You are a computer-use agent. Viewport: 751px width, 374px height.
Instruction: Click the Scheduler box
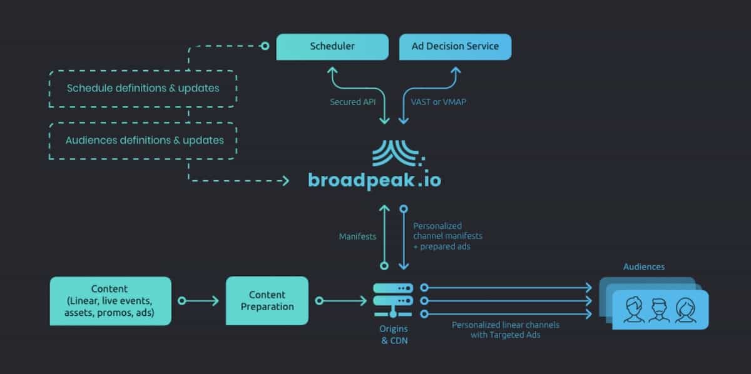click(332, 46)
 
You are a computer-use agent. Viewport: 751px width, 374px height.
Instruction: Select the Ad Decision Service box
click(455, 46)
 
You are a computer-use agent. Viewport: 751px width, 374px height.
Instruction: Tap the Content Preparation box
click(267, 301)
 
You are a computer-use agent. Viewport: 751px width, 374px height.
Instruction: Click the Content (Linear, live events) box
click(110, 301)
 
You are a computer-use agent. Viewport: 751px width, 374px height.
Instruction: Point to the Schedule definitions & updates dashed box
click(143, 88)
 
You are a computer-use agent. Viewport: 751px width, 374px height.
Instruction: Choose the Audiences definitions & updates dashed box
click(144, 140)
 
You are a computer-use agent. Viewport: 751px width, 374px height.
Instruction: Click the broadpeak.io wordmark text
click(374, 180)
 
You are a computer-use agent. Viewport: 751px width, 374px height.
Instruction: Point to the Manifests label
click(357, 237)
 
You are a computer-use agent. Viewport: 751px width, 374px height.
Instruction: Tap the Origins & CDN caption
click(392, 335)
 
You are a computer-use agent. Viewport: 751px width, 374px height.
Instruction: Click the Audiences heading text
click(644, 267)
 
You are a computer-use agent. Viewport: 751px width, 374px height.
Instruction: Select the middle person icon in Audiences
click(659, 310)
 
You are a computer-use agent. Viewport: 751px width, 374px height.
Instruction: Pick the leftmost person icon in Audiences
click(634, 310)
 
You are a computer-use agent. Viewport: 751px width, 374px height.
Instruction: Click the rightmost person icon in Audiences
click(685, 310)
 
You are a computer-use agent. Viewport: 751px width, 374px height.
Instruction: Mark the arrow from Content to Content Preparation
click(198, 301)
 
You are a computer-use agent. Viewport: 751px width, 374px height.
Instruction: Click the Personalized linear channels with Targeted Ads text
click(506, 330)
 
